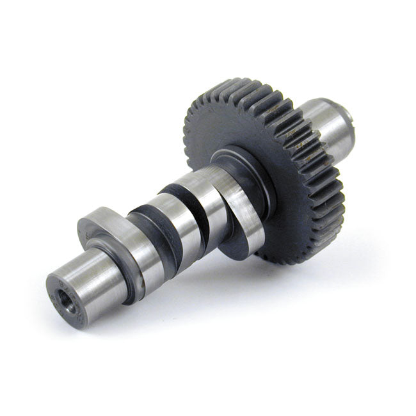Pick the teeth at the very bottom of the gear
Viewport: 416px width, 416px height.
pyautogui.click(x=301, y=256)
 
